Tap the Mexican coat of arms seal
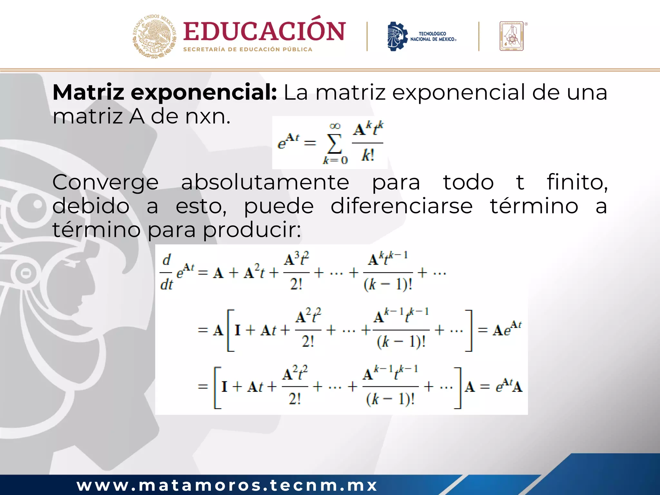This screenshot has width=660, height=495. [x=155, y=36]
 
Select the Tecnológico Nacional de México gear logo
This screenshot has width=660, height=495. [x=397, y=36]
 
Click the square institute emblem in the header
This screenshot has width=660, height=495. [x=512, y=36]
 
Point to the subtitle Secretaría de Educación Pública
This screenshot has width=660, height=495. [x=247, y=50]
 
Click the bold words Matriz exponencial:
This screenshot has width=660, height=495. [x=164, y=92]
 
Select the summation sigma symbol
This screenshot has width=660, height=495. [x=335, y=143]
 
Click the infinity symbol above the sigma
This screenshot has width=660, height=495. [x=335, y=126]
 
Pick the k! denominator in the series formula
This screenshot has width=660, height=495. [x=368, y=156]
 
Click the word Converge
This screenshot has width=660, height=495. [x=105, y=182]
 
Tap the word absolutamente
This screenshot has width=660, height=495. [x=265, y=182]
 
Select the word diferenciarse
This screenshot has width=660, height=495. [x=402, y=206]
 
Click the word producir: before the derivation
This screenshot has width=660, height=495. [x=252, y=230]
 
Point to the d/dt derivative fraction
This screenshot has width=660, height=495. [x=167, y=273]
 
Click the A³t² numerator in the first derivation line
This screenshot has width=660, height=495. [x=296, y=259]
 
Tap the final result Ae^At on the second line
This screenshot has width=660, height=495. [x=507, y=329]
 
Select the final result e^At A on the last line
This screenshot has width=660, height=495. [x=509, y=386]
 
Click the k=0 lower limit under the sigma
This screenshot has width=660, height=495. [x=335, y=160]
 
